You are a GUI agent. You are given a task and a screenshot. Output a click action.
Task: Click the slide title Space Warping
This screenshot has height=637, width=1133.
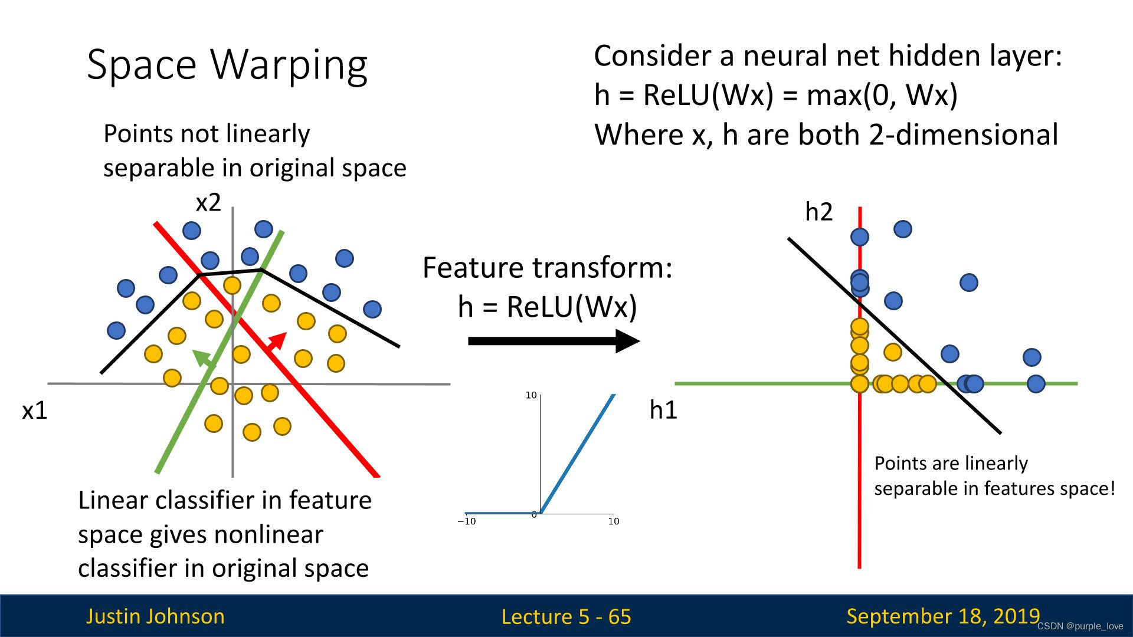pos(227,65)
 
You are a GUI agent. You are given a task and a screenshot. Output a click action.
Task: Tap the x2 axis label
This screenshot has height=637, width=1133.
pos(208,203)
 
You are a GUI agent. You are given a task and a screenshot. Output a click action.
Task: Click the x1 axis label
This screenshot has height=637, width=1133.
pos(34,411)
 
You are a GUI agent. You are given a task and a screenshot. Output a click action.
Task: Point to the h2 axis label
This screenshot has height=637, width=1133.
pos(818,212)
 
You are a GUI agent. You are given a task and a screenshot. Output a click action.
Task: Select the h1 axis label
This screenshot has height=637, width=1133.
pos(663,410)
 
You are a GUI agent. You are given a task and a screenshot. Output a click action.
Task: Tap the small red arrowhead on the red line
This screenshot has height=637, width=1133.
pos(277,342)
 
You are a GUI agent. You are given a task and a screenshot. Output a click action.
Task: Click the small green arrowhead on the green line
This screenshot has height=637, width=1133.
pos(203,357)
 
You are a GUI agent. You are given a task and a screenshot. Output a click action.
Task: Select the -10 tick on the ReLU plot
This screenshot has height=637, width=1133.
pos(467,521)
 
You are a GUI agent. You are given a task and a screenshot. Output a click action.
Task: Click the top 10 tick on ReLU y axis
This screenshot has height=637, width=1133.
pos(531,395)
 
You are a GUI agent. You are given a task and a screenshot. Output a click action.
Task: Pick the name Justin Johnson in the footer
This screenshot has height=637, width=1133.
pos(155,616)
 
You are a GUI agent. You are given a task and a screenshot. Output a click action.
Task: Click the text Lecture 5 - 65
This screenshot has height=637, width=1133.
pos(566,617)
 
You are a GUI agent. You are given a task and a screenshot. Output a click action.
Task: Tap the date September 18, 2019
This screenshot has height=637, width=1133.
pos(942,616)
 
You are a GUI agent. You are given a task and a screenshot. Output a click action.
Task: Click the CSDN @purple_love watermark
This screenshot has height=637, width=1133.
pos(1080,626)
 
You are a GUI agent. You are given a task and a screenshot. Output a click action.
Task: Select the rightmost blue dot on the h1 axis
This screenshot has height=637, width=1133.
pos(1036,384)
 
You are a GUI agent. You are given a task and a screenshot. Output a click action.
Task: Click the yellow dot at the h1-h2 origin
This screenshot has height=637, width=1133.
pos(860,384)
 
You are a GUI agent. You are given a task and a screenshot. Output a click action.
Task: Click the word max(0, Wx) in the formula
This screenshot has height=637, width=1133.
pos(882,95)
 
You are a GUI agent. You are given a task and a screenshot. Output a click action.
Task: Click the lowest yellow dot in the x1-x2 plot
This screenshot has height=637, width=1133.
pos(252,432)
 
